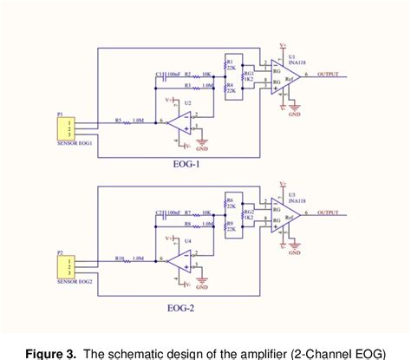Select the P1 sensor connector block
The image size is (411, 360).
pyautogui.click(x=64, y=128)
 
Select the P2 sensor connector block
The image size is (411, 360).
pyautogui.click(x=64, y=263)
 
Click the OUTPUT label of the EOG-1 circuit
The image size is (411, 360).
pyautogui.click(x=329, y=76)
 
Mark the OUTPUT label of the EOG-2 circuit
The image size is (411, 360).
pyautogui.click(x=329, y=212)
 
